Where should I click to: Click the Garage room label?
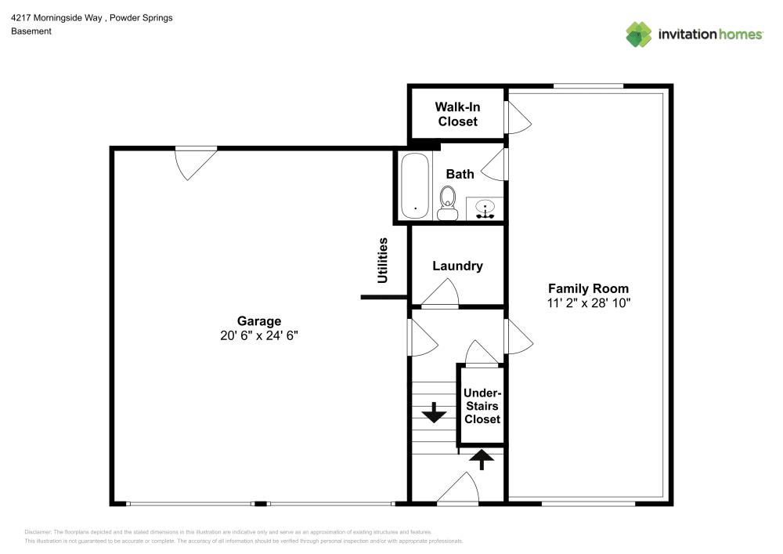(x=259, y=320)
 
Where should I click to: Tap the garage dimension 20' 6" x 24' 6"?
(x=259, y=335)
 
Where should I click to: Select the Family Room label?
(x=588, y=288)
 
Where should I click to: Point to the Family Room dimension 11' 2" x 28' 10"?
(x=588, y=302)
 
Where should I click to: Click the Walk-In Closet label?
(x=458, y=114)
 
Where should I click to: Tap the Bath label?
(x=460, y=174)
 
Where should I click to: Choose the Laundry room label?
(x=458, y=266)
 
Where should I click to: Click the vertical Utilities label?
(x=383, y=260)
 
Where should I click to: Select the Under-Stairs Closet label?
(x=482, y=406)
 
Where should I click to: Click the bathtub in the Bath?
(x=414, y=186)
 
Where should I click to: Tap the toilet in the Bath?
(x=448, y=202)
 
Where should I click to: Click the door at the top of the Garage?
(x=194, y=162)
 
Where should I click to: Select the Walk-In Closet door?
(x=518, y=117)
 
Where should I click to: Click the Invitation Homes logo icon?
(x=639, y=34)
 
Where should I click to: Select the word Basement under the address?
(x=31, y=31)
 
